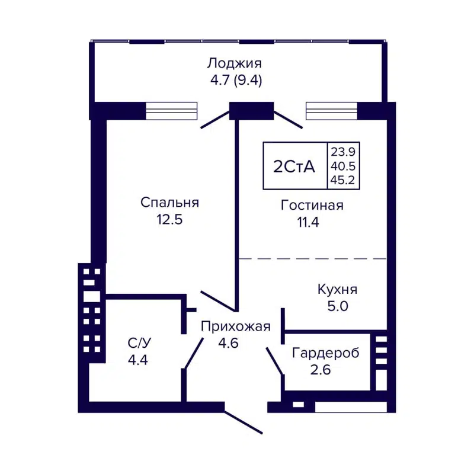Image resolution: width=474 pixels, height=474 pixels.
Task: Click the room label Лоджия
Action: point(234,63)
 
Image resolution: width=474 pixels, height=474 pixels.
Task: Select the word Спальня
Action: point(169,203)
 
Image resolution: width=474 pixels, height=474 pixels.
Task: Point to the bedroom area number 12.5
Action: point(169,220)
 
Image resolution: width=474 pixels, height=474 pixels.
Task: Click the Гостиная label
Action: point(312,206)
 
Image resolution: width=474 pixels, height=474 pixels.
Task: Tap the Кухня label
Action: point(337,290)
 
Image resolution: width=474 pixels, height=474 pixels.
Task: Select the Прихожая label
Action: point(235,326)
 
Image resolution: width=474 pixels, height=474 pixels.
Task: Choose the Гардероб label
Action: point(325,353)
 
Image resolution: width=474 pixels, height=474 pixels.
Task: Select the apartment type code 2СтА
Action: point(294,166)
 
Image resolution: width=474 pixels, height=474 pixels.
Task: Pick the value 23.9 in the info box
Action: point(344,151)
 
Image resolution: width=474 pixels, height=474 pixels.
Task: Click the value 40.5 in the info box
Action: point(344,166)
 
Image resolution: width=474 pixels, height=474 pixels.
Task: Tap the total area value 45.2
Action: point(344,181)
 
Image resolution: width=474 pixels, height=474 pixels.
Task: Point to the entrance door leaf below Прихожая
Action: point(243,422)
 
